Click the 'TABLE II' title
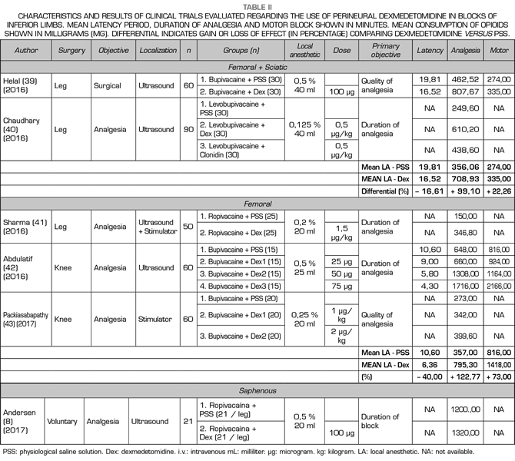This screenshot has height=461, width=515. (257, 5)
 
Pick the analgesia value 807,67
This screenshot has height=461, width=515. (468, 91)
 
